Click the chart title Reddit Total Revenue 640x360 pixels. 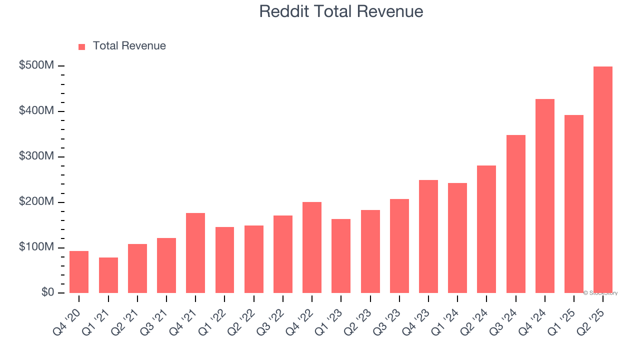(341, 11)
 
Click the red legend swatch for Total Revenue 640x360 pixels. (82, 46)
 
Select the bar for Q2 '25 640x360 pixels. (603, 180)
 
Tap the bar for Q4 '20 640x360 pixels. (79, 272)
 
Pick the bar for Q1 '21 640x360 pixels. (108, 275)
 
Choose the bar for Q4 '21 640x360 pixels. (195, 253)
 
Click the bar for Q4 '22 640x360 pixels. (312, 247)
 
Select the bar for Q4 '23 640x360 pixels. (428, 236)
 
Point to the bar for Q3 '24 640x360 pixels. (515, 214)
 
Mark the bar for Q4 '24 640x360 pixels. (545, 196)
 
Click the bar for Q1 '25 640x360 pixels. (574, 204)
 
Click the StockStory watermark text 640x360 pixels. (600, 293)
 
